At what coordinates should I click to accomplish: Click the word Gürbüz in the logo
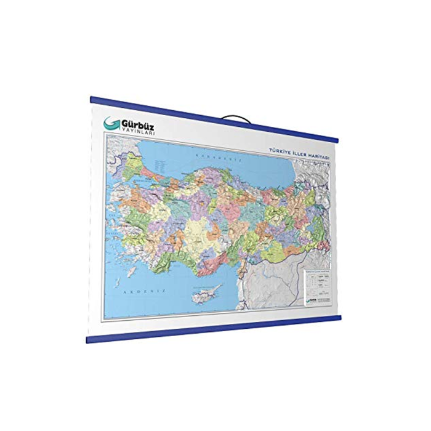pos(136,122)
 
